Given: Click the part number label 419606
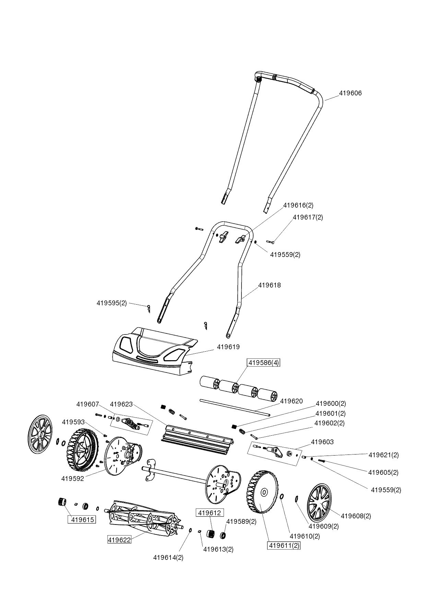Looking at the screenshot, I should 350,93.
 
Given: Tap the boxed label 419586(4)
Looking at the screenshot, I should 263,363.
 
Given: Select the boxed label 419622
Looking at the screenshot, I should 119,540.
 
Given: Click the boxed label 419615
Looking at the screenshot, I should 82,520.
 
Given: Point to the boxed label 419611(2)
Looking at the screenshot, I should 284,545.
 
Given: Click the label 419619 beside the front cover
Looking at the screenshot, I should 228,347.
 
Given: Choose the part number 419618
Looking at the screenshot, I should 269,285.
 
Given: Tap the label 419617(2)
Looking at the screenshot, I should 308,217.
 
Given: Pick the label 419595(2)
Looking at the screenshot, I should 111,303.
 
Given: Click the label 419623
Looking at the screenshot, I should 121,404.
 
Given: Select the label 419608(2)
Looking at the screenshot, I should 356,516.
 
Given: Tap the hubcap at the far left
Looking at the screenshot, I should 40,434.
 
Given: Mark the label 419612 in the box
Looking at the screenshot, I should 209,513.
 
